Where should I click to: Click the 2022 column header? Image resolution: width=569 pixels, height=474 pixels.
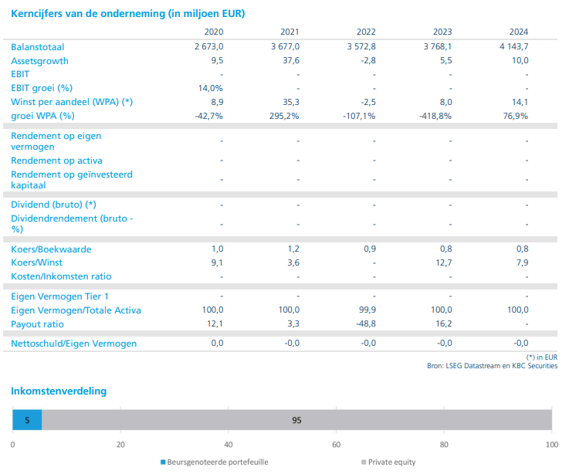pyautogui.click(x=366, y=32)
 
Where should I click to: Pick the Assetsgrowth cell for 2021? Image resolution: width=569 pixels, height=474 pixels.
pyautogui.click(x=290, y=60)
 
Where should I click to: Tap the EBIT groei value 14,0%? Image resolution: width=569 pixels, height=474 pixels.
pyautogui.click(x=211, y=88)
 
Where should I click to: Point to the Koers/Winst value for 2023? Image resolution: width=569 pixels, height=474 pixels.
pyautogui.click(x=442, y=262)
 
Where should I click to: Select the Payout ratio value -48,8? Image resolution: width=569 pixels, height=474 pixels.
pyautogui.click(x=362, y=324)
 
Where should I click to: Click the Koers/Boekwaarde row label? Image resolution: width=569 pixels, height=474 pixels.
pyautogui.click(x=50, y=249)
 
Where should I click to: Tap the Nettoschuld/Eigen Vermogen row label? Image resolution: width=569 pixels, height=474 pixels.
pyautogui.click(x=74, y=343)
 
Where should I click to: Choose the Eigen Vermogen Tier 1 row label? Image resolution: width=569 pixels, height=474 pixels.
pyautogui.click(x=60, y=296)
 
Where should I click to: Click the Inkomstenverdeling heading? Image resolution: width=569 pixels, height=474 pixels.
pyautogui.click(x=59, y=391)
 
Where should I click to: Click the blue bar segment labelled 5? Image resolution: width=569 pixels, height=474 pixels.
pyautogui.click(x=27, y=420)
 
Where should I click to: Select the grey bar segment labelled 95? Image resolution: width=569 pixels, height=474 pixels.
pyautogui.click(x=296, y=420)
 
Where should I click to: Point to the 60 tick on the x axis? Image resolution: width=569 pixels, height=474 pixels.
pyautogui.click(x=336, y=445)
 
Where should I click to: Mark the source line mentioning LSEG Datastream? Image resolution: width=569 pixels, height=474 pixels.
pyautogui.click(x=492, y=366)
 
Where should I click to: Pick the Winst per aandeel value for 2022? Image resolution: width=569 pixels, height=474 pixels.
pyautogui.click(x=368, y=102)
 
